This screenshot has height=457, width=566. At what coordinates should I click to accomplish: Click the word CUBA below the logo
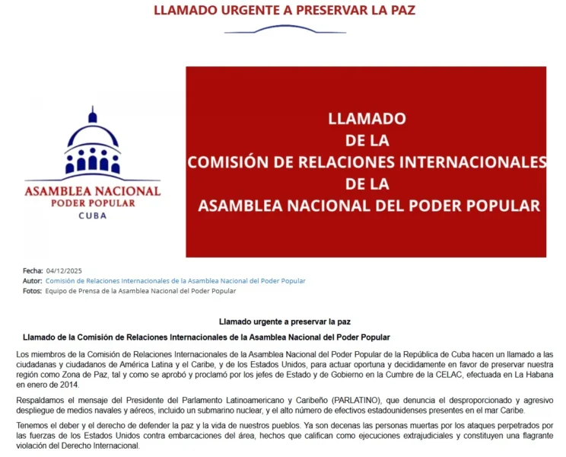tap(93, 216)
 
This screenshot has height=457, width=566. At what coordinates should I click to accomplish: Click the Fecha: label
tap(33, 270)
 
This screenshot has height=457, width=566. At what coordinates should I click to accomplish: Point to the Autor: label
tap(33, 281)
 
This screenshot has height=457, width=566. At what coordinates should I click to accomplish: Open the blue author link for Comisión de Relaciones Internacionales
tap(175, 281)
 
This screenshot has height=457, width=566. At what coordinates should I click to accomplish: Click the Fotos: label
tap(33, 291)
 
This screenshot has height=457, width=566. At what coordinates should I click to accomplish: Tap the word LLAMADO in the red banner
tap(367, 120)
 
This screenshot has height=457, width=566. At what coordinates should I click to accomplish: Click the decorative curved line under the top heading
tap(285, 30)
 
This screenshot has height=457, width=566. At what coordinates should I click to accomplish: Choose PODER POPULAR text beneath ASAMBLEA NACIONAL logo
tap(93, 203)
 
